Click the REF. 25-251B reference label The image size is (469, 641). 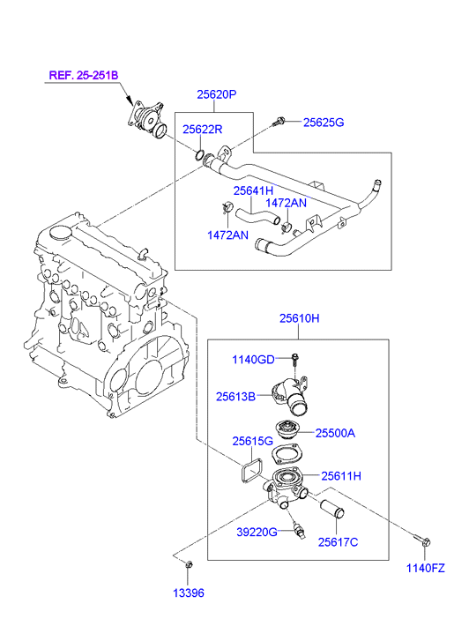(x=84, y=75)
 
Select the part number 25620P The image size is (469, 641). (x=217, y=94)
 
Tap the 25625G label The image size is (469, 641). (x=324, y=123)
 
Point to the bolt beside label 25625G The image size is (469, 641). (x=279, y=121)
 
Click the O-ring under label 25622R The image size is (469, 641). (x=200, y=155)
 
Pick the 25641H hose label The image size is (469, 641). (x=253, y=190)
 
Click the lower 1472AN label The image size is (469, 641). (x=227, y=235)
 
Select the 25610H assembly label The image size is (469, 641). (x=300, y=318)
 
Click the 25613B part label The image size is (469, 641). (x=235, y=396)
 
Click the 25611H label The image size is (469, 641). (x=341, y=476)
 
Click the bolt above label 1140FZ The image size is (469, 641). (x=422, y=540)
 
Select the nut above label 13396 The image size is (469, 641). (x=189, y=564)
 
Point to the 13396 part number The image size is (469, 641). (x=189, y=593)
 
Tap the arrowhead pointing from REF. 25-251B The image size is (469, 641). (x=130, y=101)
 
